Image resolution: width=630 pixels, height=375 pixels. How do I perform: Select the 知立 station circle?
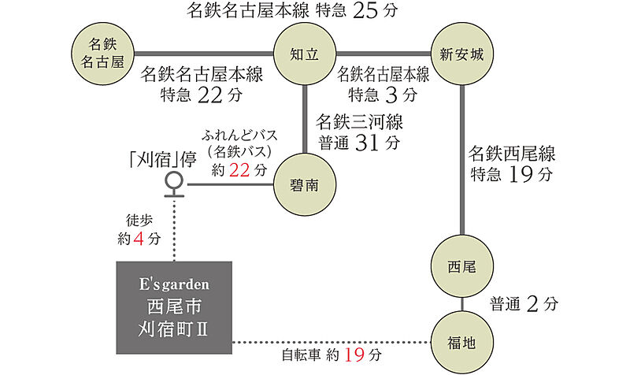tap(305, 54)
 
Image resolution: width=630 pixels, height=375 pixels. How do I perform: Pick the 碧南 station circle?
tap(305, 184)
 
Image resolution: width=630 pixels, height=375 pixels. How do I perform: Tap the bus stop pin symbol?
tap(173, 184)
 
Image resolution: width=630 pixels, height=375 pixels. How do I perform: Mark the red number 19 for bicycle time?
tap(355, 355)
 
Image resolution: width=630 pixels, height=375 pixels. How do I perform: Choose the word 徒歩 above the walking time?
tap(139, 219)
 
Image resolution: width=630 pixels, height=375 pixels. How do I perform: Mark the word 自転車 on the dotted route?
tap(302, 356)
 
